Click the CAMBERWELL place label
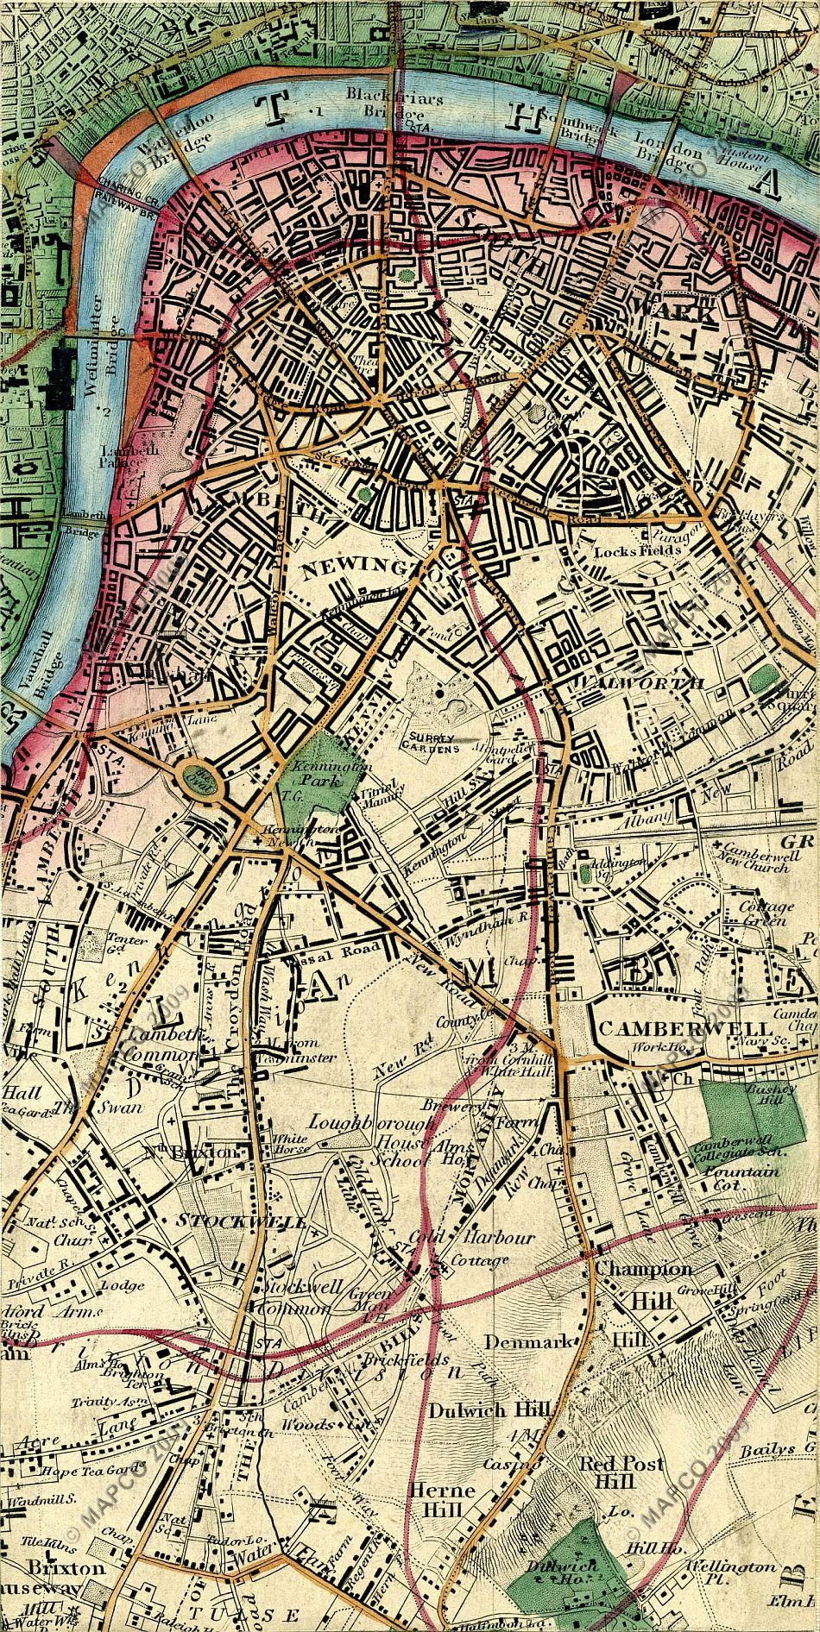pyautogui.click(x=684, y=1028)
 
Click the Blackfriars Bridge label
pyautogui.click(x=394, y=106)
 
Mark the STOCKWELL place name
pyautogui.click(x=241, y=1221)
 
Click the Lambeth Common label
pyautogui.click(x=161, y=1045)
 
